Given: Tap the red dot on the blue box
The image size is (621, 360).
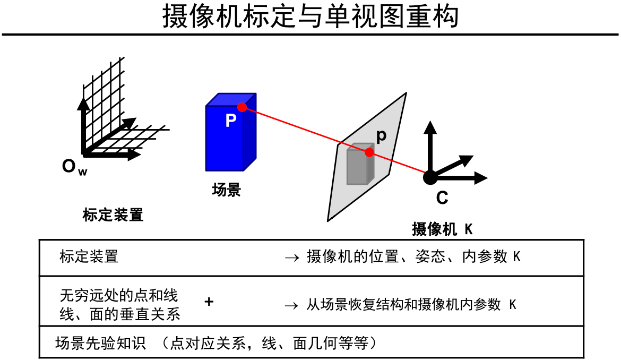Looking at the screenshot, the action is click(242, 107).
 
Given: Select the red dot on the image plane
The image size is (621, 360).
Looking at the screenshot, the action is click(369, 152).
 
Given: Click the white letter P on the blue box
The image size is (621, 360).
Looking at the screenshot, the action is click(230, 121).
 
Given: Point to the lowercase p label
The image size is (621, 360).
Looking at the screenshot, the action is click(381, 136).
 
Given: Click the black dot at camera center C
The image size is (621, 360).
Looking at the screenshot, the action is click(430, 177).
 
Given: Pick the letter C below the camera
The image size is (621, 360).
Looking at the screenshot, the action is click(442, 198).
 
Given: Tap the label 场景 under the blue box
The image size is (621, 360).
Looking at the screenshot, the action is click(226, 190).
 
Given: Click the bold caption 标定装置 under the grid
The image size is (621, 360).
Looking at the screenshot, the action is click(113, 215).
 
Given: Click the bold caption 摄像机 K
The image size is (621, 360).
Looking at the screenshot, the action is click(442, 229).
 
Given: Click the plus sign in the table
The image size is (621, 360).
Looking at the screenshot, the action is click(209, 302).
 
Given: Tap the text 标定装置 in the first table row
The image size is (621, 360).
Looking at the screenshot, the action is click(89, 257).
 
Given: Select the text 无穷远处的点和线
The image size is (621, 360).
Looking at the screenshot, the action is click(119, 295).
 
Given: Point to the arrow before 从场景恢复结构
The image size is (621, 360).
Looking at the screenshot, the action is click(292, 306).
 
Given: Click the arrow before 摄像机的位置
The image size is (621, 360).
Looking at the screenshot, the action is click(292, 258).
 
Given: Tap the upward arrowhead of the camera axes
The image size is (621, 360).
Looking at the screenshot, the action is click(430, 126).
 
